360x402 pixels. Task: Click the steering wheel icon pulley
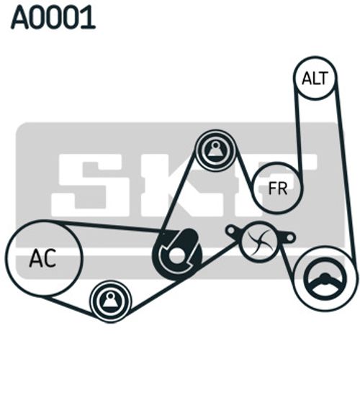pos(325,279)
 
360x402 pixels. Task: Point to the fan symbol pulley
pos(260,242)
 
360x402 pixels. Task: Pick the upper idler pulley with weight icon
pos(215,150)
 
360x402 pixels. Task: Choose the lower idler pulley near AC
pos(111,301)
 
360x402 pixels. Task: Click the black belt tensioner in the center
pos(177,255)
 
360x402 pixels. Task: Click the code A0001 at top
pos(53,17)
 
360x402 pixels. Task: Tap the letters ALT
pos(315,78)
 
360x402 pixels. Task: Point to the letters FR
pos(277,188)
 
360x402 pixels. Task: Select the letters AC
pos(42,258)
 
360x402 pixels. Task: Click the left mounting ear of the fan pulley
pos(232,231)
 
